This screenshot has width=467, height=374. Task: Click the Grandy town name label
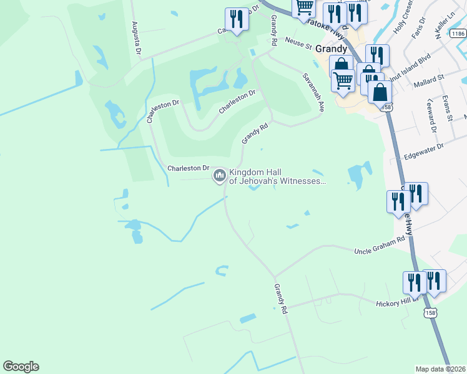(x=331, y=48)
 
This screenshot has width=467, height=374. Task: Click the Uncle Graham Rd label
(x=380, y=249)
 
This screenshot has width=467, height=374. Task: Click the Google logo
(x=21, y=367)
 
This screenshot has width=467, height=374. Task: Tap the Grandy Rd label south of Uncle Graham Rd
(x=281, y=299)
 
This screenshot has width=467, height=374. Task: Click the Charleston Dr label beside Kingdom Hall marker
(x=188, y=168)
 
